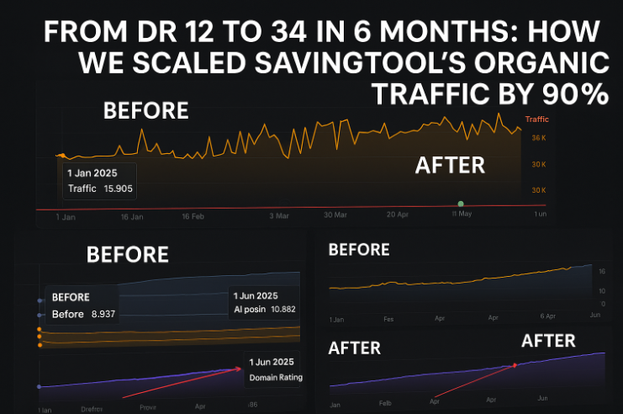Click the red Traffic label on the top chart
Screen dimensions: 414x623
pos(536,119)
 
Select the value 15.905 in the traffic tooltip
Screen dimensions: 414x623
pos(118,188)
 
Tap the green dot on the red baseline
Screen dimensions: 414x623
pos(461,204)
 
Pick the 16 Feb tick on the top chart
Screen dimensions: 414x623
pos(193,216)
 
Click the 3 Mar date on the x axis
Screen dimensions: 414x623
pos(279,216)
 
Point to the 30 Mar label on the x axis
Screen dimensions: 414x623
pos(335,215)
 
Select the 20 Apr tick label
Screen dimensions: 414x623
pos(399,215)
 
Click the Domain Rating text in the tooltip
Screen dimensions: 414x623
pos(276,378)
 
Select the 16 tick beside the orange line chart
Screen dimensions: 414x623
pos(601,272)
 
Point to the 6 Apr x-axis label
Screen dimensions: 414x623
pos(547,316)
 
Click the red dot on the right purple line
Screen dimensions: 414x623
pos(515,364)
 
